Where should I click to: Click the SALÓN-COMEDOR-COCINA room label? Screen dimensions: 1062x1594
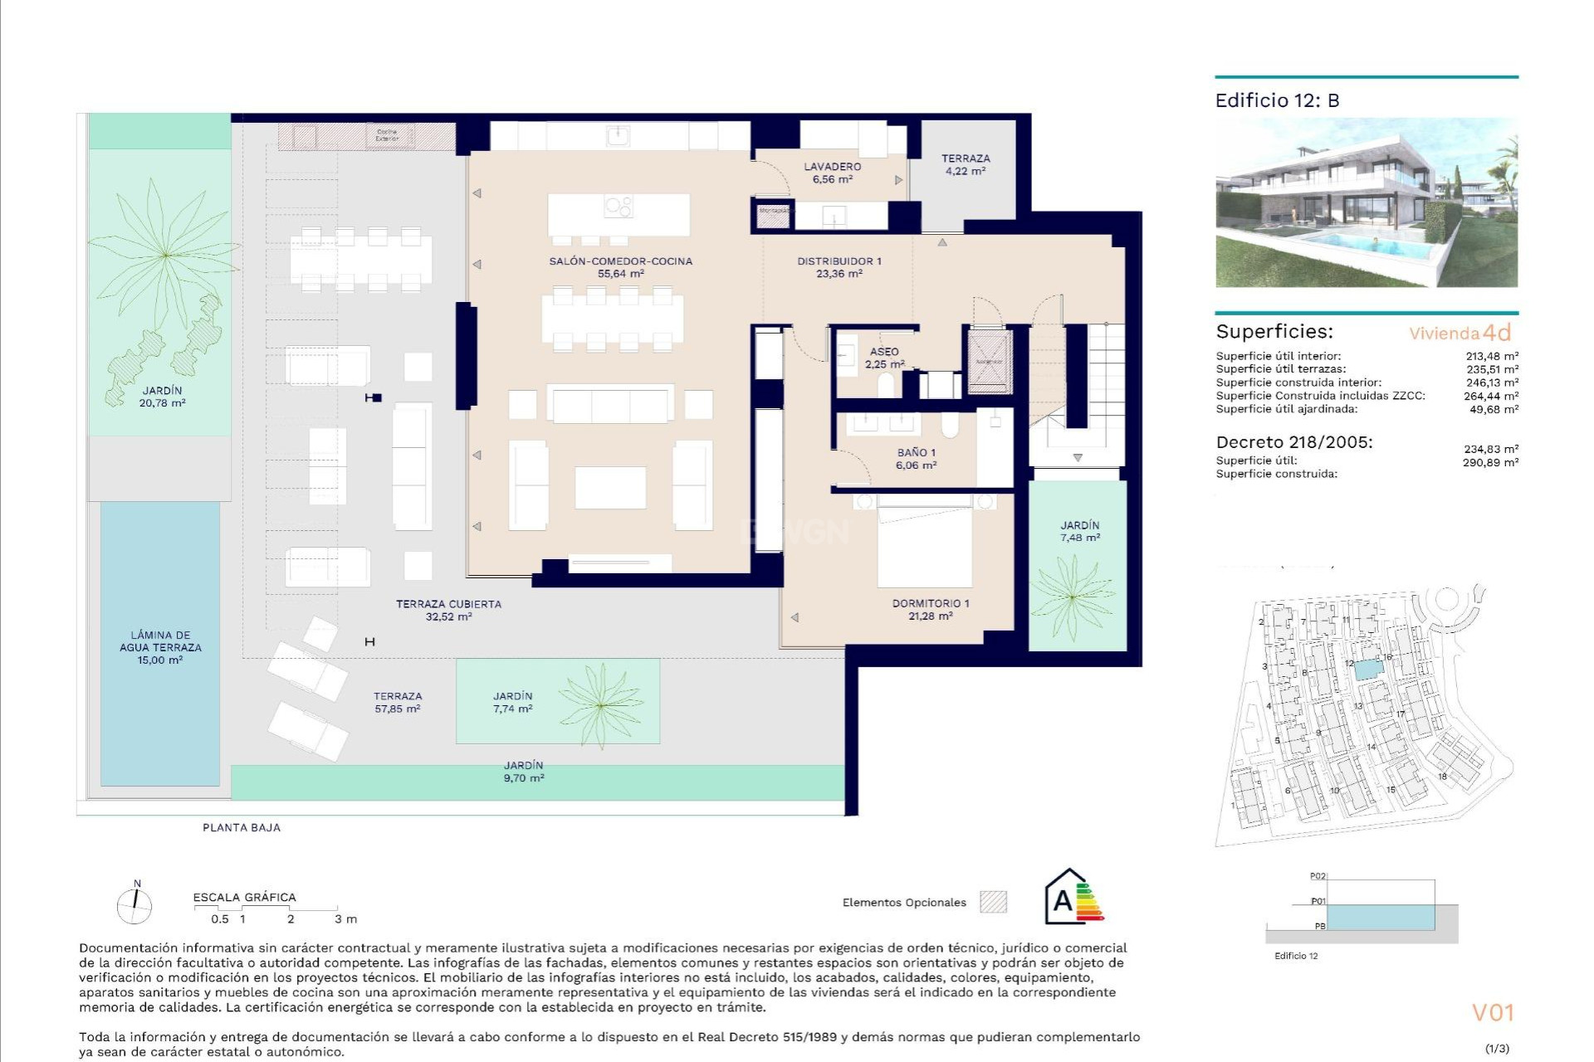(x=620, y=266)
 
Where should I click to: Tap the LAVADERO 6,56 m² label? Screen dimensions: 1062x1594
(x=832, y=173)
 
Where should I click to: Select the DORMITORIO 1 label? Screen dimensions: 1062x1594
(x=930, y=609)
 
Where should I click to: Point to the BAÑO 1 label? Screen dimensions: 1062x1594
(x=916, y=459)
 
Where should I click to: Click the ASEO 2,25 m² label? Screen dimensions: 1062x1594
(x=884, y=358)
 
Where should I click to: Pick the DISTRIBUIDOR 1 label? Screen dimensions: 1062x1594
(x=839, y=266)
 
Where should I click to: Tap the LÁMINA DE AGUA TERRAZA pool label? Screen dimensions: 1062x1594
(x=160, y=647)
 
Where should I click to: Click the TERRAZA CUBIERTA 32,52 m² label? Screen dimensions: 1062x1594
(x=448, y=610)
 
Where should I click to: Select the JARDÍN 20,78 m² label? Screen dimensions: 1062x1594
(x=162, y=396)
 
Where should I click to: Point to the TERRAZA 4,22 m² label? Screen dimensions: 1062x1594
(x=965, y=164)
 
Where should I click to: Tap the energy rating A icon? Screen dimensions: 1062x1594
(x=1073, y=898)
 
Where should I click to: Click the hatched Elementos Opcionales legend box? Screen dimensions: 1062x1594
(x=993, y=902)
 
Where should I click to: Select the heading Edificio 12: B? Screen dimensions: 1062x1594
(x=1277, y=100)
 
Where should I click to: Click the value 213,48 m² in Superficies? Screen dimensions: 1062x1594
(x=1492, y=356)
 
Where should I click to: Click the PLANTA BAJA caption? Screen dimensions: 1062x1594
(x=242, y=827)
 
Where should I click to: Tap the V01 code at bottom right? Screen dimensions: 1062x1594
(x=1493, y=1012)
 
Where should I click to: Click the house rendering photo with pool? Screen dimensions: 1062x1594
(x=1366, y=203)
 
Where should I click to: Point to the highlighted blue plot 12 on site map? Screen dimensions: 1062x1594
(x=1366, y=669)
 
